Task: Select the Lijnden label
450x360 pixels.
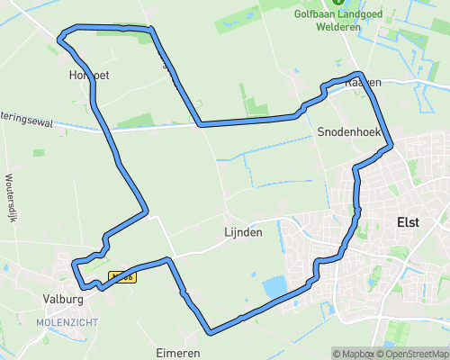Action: click(x=243, y=232)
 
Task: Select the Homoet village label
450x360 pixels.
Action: click(x=88, y=76)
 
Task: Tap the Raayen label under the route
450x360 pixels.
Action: click(x=364, y=82)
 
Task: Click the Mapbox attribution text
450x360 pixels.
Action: click(x=355, y=353)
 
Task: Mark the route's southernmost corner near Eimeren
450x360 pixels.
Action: click(x=210, y=332)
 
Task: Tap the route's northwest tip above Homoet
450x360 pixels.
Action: click(x=60, y=38)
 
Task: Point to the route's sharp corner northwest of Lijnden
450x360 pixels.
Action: click(x=146, y=212)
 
